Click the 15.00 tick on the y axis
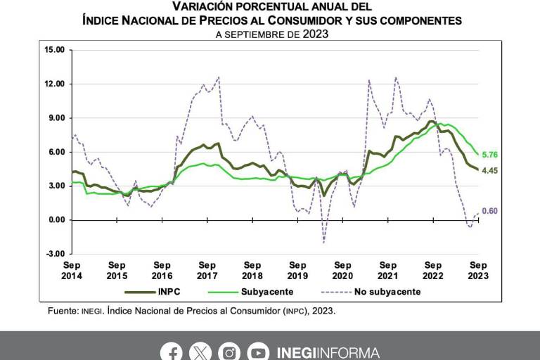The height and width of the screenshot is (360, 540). click(54, 50)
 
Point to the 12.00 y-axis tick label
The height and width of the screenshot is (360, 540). click(54, 84)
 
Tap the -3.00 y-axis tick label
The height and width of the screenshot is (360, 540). click(54, 254)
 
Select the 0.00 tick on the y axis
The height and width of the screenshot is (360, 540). click(56, 220)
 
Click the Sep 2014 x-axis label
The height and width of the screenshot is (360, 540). click(72, 271)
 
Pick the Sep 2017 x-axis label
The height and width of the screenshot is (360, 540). click(207, 271)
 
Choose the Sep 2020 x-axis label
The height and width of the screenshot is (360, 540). click(342, 271)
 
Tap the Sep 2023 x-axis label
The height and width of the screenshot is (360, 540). click(478, 271)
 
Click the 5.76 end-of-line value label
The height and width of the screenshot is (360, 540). click(489, 154)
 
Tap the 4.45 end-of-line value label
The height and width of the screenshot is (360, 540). click(489, 169)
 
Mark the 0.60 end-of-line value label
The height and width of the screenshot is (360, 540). click(489, 211)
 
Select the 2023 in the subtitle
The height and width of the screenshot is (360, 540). click(316, 34)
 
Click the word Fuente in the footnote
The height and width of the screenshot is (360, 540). click(61, 310)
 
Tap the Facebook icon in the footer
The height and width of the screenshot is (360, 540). click(171, 352)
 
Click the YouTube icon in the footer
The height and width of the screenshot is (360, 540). click(258, 352)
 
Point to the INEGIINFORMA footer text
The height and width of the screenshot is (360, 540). click(328, 352)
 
